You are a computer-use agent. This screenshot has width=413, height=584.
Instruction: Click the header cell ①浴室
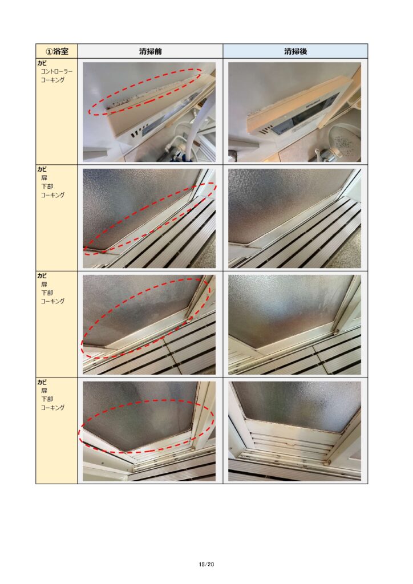(56, 51)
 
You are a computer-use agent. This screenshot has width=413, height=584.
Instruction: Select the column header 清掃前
(150, 51)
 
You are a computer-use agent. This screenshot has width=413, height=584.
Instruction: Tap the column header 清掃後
(295, 51)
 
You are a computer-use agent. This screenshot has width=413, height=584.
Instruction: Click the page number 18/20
(206, 564)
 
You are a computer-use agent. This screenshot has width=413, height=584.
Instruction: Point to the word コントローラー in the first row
(56, 71)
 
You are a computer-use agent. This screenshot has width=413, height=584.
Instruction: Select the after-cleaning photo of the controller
(294, 112)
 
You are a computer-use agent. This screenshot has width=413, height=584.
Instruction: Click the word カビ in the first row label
(42, 63)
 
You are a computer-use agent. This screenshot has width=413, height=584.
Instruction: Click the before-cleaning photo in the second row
(149, 218)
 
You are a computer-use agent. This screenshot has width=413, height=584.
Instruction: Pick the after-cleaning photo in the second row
(294, 218)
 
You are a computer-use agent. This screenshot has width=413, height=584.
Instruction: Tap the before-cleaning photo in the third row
(149, 325)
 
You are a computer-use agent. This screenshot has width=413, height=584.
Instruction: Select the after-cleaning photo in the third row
(294, 325)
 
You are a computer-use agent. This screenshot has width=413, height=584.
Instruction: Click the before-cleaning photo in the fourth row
(149, 431)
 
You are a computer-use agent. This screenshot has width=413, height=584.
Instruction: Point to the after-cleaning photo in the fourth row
(294, 431)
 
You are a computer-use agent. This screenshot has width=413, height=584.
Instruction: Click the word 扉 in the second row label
(44, 178)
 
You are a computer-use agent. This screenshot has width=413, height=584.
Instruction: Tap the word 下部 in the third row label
(47, 293)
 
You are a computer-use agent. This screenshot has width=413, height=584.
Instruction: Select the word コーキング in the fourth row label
(52, 407)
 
